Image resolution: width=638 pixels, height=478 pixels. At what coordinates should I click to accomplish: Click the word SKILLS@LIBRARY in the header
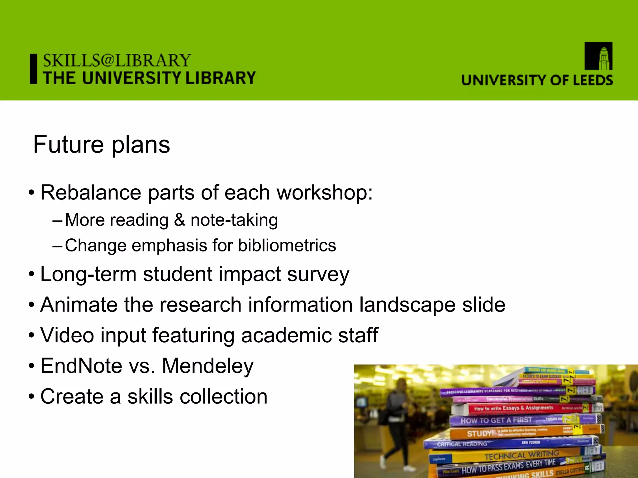coord(117,60)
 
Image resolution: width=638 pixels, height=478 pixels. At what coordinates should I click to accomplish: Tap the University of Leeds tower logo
coord(598,56)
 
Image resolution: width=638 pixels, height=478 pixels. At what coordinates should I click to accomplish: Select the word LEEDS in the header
coord(593,80)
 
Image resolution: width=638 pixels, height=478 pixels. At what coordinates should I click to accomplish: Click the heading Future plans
coord(102,145)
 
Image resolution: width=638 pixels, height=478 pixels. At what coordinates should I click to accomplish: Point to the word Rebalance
coord(91,193)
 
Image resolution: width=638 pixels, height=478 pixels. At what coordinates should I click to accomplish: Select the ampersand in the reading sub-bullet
coord(179,220)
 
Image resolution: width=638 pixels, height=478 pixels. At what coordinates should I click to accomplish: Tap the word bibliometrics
coord(287,246)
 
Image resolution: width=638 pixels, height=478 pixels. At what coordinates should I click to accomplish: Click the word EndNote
coord(81,366)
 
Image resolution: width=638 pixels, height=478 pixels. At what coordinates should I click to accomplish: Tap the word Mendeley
coord(208,366)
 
